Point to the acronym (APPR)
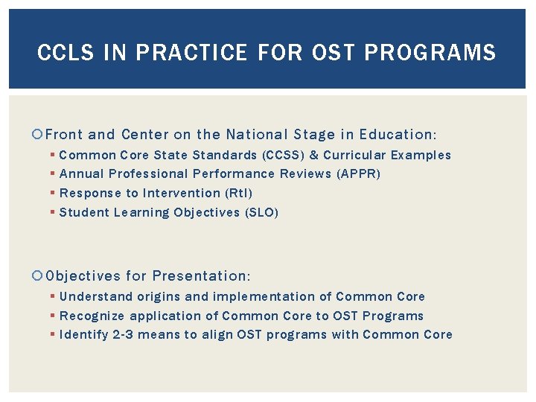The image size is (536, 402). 357,173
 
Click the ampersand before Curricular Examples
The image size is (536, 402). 313,155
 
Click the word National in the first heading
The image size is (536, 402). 255,135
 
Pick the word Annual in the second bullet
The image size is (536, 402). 82,173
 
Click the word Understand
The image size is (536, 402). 94,296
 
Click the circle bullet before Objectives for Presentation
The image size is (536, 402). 39,276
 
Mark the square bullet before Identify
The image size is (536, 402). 53,334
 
